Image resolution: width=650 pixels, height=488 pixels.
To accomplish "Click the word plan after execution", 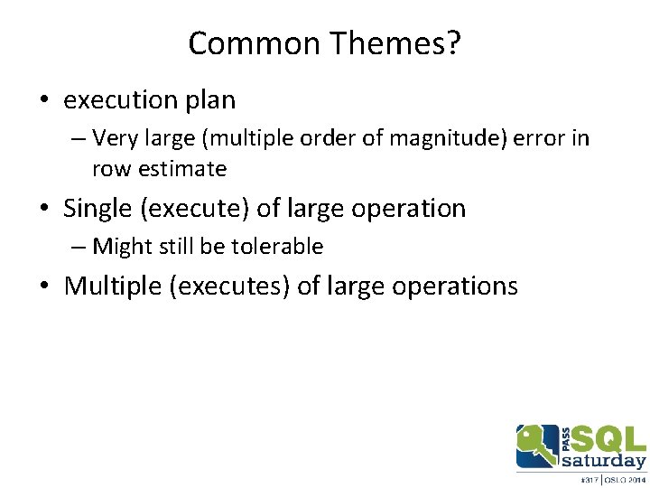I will [x=210, y=99].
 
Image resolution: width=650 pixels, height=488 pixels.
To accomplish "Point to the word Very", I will [x=113, y=138].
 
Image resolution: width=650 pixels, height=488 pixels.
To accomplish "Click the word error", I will [x=537, y=138].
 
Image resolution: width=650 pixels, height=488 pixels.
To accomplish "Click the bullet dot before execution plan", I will [x=44, y=100].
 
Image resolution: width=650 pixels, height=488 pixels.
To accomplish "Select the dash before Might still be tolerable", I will [x=78, y=246].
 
